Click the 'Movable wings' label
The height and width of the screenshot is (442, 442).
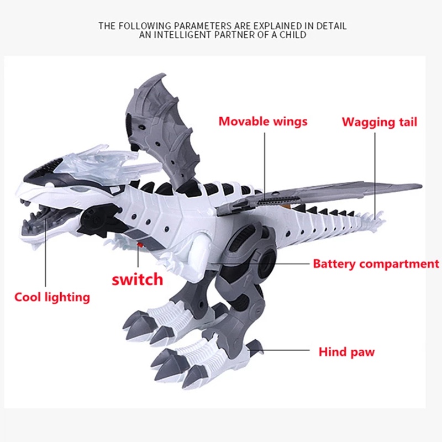pos(262,121)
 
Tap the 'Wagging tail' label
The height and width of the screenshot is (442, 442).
pos(379,122)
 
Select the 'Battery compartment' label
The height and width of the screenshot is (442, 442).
pos(376,264)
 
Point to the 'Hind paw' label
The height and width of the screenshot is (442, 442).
pos(346,351)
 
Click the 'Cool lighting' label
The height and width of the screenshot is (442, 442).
pos(52,297)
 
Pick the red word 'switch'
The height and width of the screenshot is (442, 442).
pos(138,278)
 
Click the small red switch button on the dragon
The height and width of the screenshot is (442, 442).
pos(140,244)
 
